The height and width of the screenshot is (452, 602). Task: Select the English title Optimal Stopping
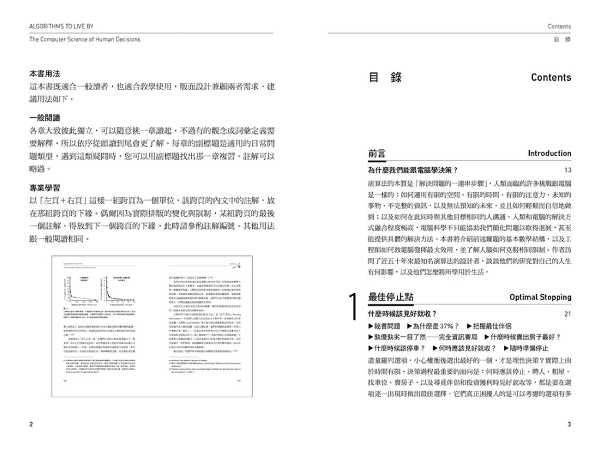540,297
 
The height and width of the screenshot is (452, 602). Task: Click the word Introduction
549,154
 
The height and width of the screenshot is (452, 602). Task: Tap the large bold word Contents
550,78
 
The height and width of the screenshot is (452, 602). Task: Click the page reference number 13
567,170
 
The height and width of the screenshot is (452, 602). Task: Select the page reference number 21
567,314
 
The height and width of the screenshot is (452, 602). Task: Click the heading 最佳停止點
392,297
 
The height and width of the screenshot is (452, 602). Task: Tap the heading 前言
377,153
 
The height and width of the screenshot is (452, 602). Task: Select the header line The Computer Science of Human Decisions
85,39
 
